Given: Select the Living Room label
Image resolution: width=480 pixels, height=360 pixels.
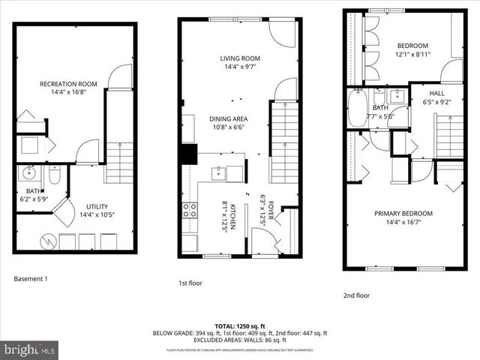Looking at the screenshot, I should pyautogui.click(x=239, y=58).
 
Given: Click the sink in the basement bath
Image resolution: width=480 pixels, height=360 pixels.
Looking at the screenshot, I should pyautogui.click(x=31, y=175).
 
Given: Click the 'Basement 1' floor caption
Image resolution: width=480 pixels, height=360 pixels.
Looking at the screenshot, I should pyautogui.click(x=31, y=280).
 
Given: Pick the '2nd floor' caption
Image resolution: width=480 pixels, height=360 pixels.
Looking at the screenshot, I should pyautogui.click(x=357, y=295).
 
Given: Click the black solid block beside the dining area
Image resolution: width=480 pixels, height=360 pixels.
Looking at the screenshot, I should pyautogui.click(x=186, y=153).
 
